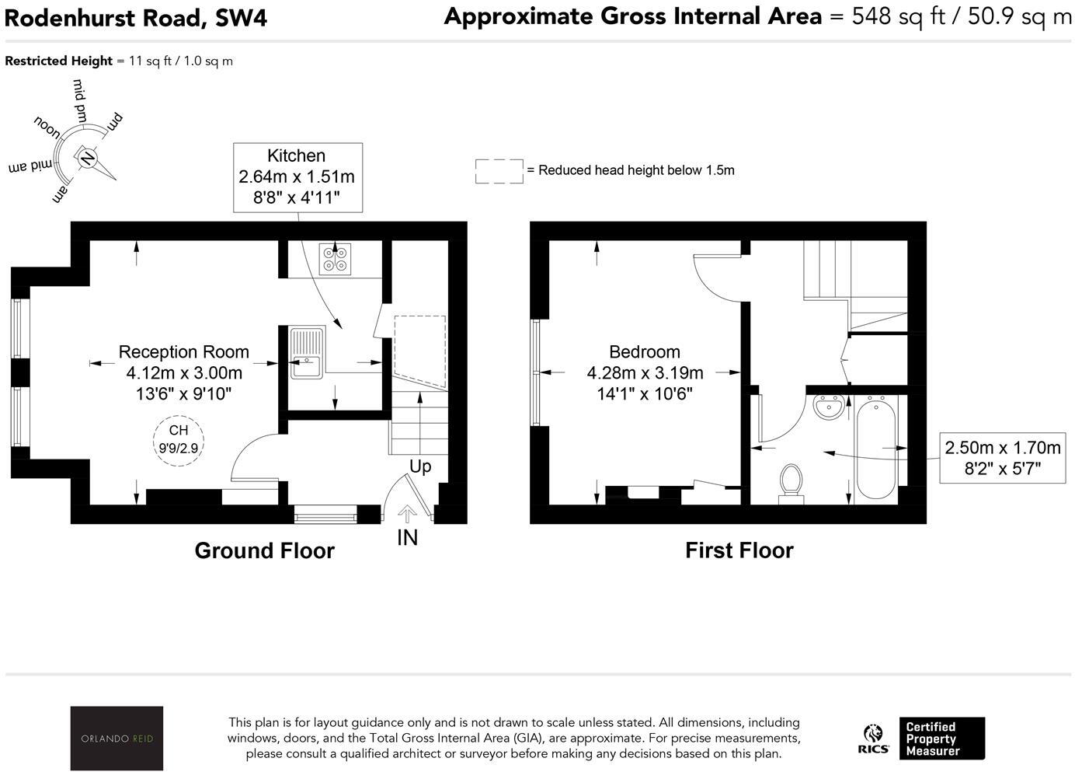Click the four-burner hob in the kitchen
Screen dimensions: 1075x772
click(x=335, y=259)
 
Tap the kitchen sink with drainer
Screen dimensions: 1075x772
click(x=307, y=353)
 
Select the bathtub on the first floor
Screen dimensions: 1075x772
click(x=876, y=449)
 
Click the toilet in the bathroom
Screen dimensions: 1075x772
click(x=791, y=484)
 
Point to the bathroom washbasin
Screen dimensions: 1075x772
click(x=829, y=407)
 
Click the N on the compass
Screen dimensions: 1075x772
click(x=87, y=158)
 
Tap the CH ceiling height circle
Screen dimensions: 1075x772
click(x=179, y=441)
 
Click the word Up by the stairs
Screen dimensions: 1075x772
click(x=420, y=466)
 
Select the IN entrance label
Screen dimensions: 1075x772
click(x=407, y=537)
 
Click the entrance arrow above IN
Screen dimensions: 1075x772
click(x=407, y=514)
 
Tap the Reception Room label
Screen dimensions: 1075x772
click(x=184, y=352)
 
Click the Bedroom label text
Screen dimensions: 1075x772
click(x=645, y=352)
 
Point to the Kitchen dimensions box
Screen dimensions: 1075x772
click(x=297, y=177)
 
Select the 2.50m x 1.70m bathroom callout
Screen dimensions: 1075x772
click(x=1003, y=458)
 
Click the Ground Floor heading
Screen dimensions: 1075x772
click(x=264, y=550)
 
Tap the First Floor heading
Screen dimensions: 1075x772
click(x=739, y=550)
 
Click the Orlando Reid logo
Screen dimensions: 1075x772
click(x=117, y=738)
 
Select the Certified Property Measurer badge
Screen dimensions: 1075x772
click(x=941, y=739)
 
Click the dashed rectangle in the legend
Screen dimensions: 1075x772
click(x=499, y=171)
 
